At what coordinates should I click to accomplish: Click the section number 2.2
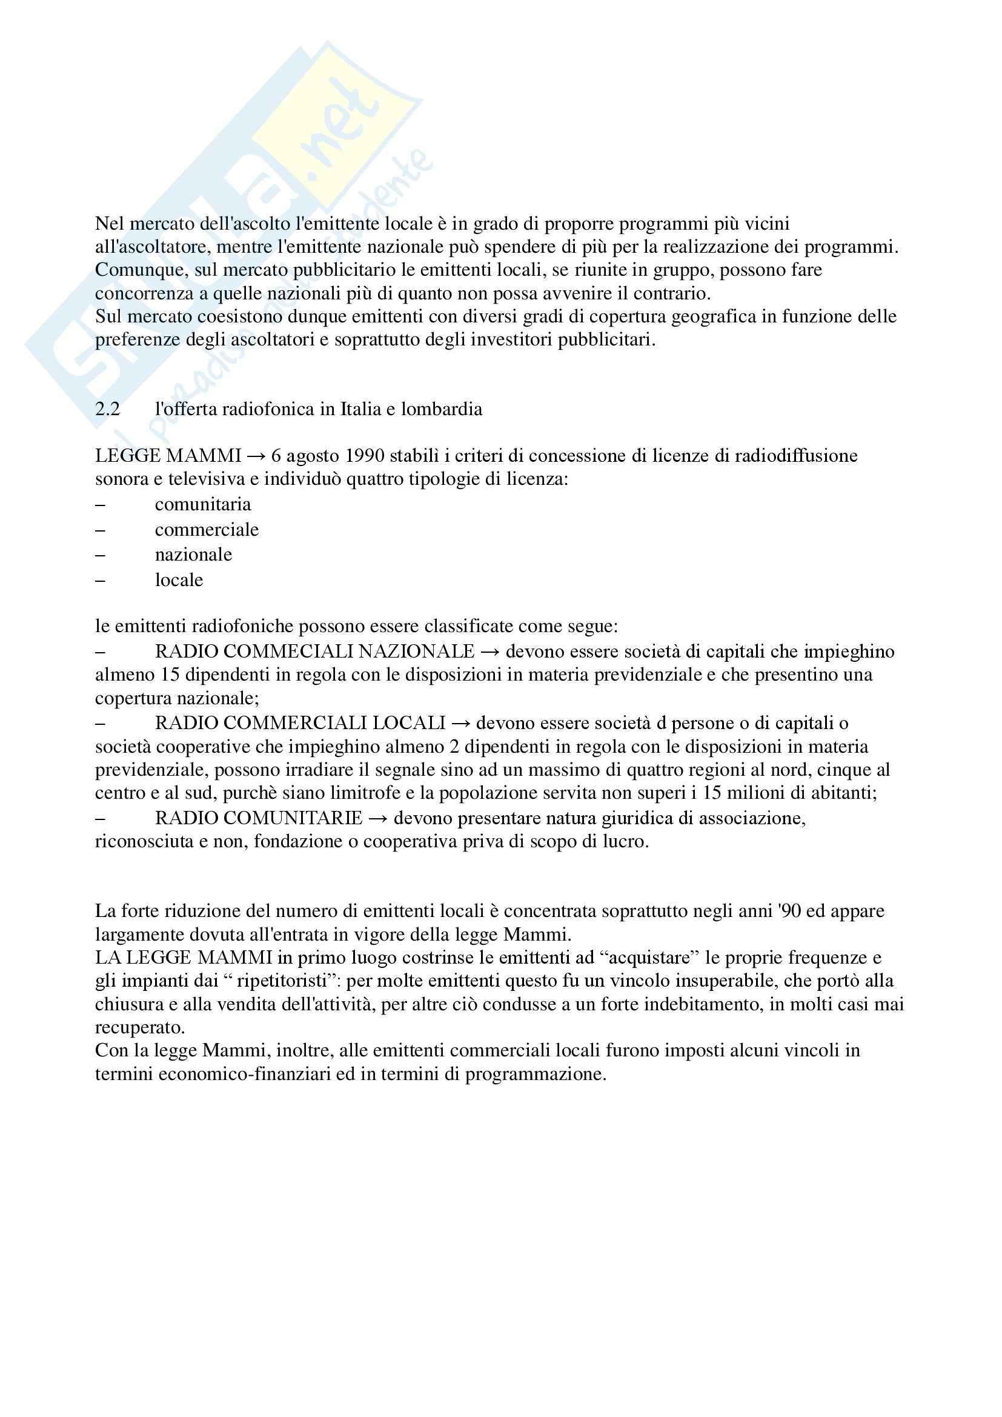point(107,410)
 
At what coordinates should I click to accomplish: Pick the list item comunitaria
point(203,505)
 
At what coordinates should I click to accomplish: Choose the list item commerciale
point(207,530)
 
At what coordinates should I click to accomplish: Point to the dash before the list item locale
point(100,581)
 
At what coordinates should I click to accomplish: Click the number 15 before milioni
point(712,793)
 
